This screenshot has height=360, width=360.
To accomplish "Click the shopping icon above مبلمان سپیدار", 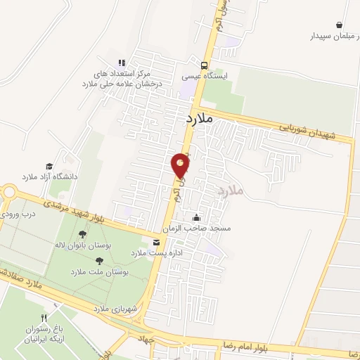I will (x=340, y=25).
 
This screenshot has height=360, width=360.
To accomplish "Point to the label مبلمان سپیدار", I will (x=330, y=35).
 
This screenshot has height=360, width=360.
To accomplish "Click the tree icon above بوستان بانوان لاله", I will (x=83, y=233).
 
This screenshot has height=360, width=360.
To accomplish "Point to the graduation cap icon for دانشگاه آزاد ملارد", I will (x=49, y=166).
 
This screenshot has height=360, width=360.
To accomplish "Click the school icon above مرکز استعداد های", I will (x=122, y=63).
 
